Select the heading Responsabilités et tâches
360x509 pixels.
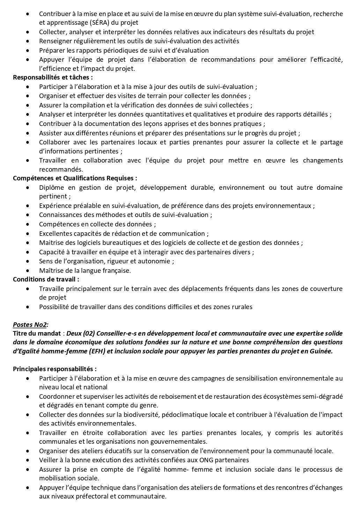tap(53, 77)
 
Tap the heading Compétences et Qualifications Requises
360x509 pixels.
tap(75, 178)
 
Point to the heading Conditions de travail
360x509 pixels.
tap(46, 279)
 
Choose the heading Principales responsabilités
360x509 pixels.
tap(54, 369)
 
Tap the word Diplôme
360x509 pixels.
tap(51, 187)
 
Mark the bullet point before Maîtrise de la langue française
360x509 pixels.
tap(28, 270)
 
